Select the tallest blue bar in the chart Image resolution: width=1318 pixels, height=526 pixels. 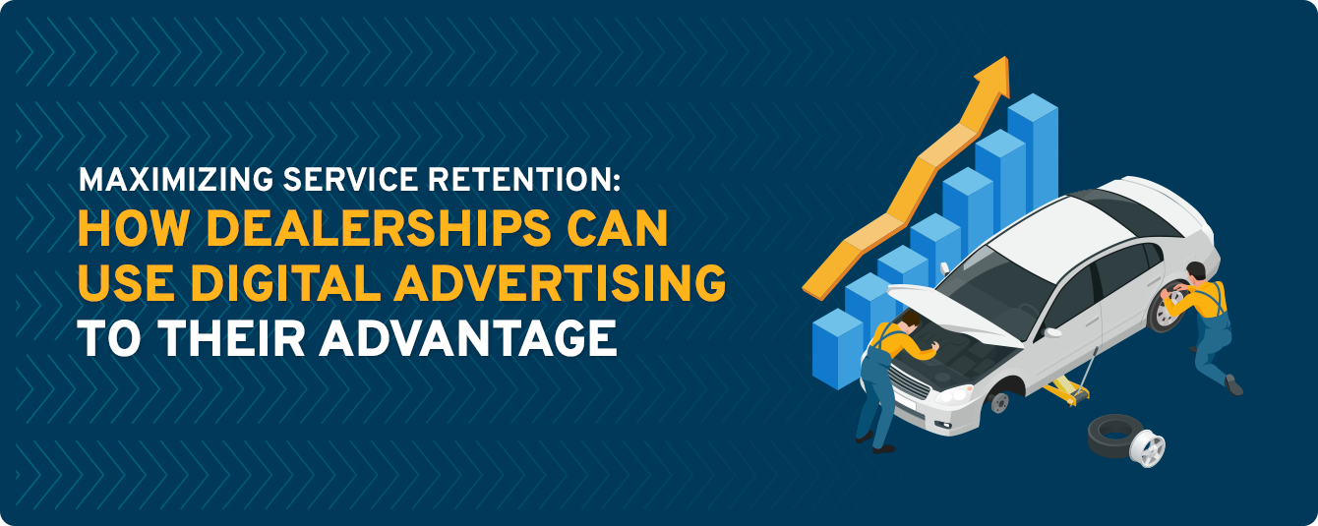click(x=1032, y=147)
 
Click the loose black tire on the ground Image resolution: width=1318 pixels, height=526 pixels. click(x=1112, y=433)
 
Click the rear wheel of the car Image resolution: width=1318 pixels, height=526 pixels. click(x=1167, y=309)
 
